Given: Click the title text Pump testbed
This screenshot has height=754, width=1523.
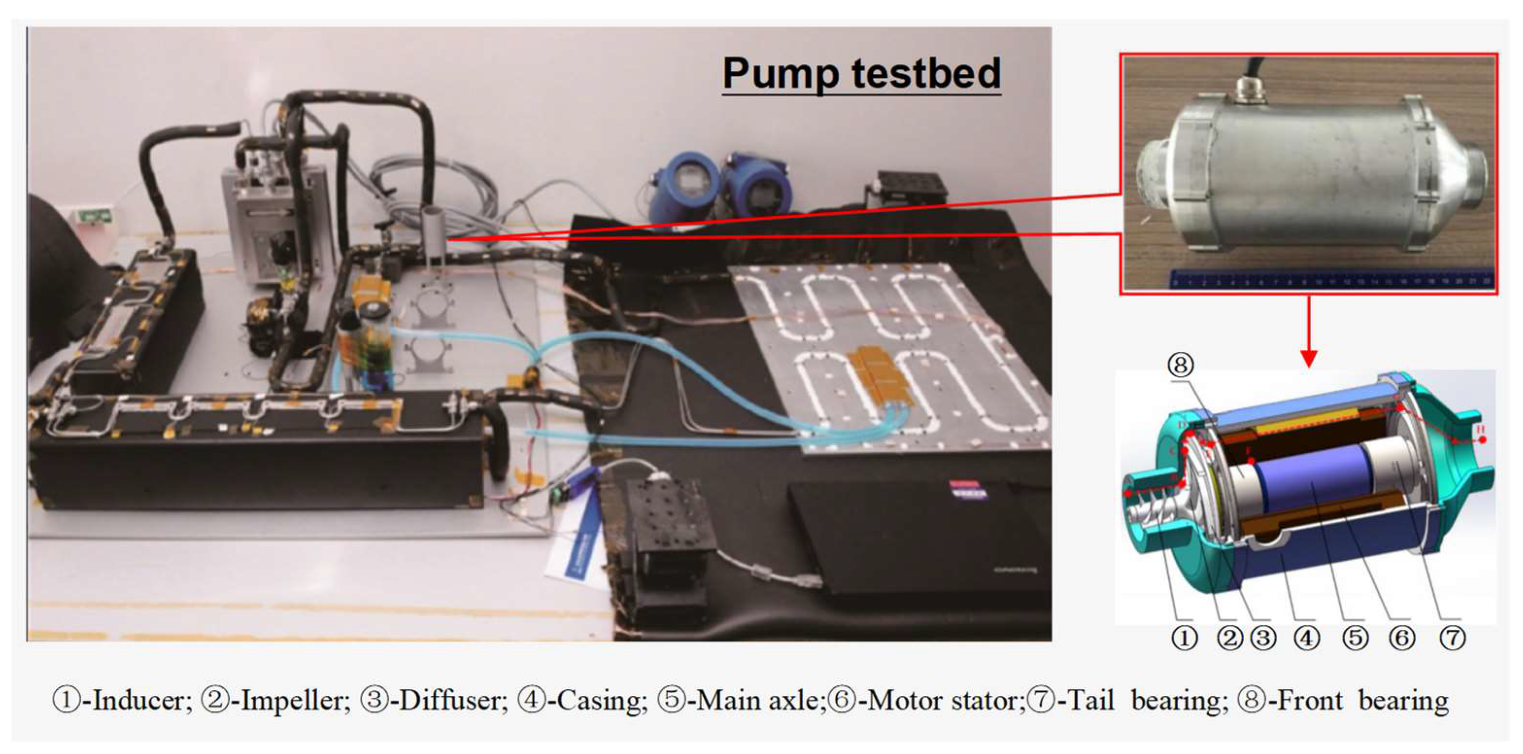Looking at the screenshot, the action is click(862, 74).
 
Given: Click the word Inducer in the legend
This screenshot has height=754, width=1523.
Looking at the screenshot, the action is click(142, 701).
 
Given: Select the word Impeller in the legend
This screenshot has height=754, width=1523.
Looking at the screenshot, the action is click(293, 701).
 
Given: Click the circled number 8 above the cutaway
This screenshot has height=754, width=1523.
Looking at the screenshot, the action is click(1180, 365).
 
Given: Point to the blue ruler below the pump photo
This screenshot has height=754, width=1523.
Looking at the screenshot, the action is click(1330, 278).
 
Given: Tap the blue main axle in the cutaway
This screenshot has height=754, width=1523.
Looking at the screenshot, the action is click(1313, 479).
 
